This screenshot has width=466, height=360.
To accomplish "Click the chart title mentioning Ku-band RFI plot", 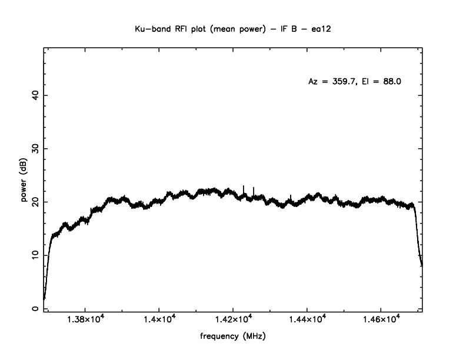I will (233, 28).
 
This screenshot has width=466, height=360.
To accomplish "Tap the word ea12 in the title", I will (322, 28).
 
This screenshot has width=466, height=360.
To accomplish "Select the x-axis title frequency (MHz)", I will (233, 336).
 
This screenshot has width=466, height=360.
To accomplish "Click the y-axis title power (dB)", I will (24, 179).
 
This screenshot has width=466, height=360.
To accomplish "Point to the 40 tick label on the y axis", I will (35, 95).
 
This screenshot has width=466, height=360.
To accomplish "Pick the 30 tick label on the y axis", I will (35, 149).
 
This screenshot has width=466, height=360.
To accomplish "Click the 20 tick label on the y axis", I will (35, 202).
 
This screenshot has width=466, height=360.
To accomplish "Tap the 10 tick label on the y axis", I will (35, 255).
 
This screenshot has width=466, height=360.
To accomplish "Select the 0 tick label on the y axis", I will (35, 308).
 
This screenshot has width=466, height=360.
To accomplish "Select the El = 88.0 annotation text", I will (382, 82).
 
